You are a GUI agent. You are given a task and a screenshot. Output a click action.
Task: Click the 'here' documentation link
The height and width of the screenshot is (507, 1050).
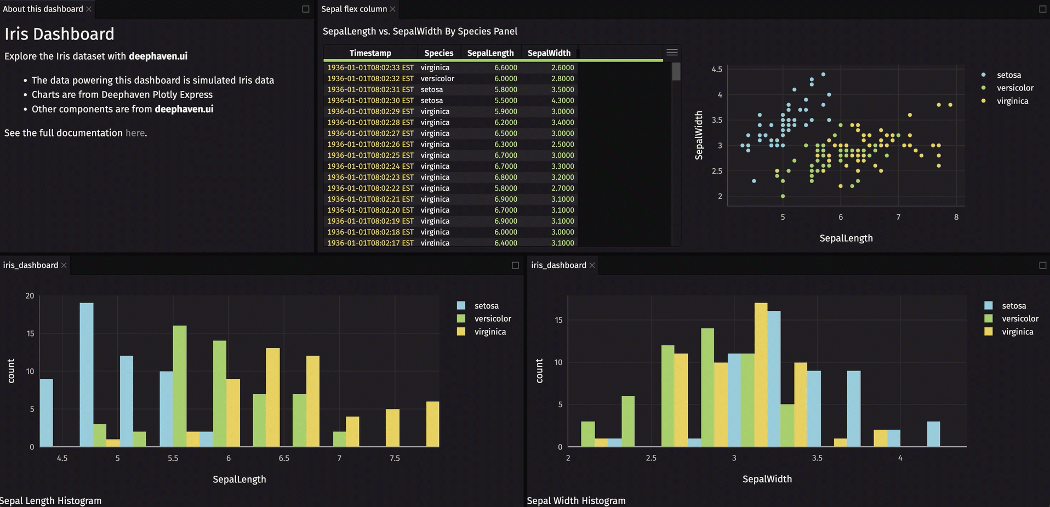coord(135,133)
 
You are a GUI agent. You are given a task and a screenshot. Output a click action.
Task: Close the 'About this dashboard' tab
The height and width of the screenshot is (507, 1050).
coord(89,9)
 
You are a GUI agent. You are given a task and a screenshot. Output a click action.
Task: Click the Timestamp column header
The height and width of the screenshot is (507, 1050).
coord(370,53)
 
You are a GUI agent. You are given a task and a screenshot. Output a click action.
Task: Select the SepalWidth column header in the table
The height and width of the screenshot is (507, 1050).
coord(549,53)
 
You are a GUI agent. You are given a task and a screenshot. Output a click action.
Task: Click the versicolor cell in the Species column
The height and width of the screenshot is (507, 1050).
coord(437,78)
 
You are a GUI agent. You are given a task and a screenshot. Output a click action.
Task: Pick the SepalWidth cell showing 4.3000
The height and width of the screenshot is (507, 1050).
coord(562,100)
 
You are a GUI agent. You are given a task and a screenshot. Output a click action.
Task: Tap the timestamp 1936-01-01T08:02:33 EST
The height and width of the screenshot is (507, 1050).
coord(370,67)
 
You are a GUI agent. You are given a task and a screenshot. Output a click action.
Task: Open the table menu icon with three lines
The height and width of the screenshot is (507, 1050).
coord(672,53)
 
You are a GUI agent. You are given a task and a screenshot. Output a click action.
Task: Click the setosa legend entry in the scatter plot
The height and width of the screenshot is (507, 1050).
coord(1008,75)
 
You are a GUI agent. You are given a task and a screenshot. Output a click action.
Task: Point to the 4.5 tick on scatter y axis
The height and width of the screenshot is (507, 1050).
coord(717,70)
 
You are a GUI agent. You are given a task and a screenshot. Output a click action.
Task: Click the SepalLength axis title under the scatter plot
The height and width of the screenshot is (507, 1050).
coord(846,238)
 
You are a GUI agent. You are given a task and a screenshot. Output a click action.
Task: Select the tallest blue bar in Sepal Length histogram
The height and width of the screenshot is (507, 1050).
coord(87,375)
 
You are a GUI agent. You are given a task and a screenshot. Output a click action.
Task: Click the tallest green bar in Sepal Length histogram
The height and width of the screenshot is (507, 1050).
coord(180,386)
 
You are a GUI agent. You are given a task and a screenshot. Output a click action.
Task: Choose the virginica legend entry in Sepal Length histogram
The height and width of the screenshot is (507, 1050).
coord(489,332)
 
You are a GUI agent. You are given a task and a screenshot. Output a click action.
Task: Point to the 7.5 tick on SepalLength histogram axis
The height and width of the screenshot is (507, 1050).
coord(395,458)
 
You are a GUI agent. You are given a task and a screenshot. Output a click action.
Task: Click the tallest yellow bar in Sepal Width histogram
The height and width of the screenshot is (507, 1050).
coord(761,375)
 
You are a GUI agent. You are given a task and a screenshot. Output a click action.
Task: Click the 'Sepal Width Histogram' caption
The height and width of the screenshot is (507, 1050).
coord(576,500)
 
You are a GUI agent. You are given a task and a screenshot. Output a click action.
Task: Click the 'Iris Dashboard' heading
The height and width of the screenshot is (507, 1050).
coord(59,34)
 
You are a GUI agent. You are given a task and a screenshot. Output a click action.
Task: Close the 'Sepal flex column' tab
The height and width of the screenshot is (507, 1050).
coord(392,9)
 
